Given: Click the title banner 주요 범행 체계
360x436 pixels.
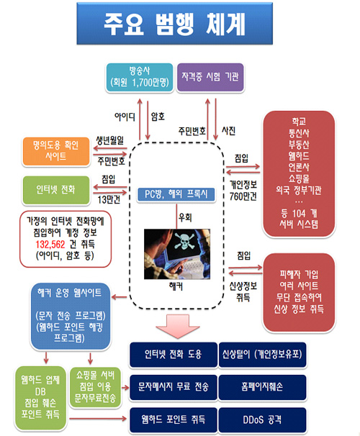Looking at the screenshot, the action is coord(174,23).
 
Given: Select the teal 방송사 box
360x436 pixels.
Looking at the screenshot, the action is coord(140,77).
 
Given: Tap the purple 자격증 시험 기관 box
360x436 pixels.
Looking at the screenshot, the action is coord(210,77).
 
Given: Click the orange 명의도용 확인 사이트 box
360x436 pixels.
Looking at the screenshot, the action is coord(56,152).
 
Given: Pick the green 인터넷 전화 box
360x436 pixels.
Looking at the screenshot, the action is coord(56,190).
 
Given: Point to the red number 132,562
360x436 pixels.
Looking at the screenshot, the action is coord(50,245).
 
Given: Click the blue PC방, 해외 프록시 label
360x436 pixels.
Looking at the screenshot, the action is coord(176,194).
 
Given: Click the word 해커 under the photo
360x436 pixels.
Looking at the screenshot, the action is coord(176,286).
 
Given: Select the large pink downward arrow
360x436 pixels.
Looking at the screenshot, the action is coord(178,326).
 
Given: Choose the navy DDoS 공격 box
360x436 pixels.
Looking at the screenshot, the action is coord(262,419).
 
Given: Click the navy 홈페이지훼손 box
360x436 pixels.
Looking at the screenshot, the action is coord(262,387).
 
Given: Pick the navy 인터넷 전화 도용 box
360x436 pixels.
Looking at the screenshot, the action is coord(173,354).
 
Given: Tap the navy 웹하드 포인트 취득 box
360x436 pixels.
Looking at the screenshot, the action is coord(173,419).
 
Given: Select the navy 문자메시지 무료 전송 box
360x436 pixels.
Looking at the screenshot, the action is coord(173,387).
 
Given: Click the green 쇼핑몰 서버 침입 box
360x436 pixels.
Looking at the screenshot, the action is coord(95,387).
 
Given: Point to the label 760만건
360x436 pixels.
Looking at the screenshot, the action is coord(243,196).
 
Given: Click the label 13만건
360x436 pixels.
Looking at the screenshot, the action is coord(109,199).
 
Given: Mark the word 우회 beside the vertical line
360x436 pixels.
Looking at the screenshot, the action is coord(185,217).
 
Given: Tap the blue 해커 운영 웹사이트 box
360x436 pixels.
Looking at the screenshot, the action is coord(70,316).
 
